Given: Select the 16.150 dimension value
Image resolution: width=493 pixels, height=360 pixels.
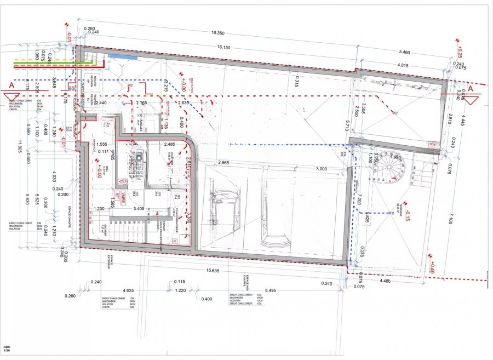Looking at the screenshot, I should [x=223, y=48].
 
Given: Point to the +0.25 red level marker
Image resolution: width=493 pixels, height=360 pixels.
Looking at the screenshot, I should [x=459, y=53].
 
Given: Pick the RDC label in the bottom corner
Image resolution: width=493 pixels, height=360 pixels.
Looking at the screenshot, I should [x=7, y=347].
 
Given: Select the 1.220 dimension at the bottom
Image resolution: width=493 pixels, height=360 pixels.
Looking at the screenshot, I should [x=180, y=290].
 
